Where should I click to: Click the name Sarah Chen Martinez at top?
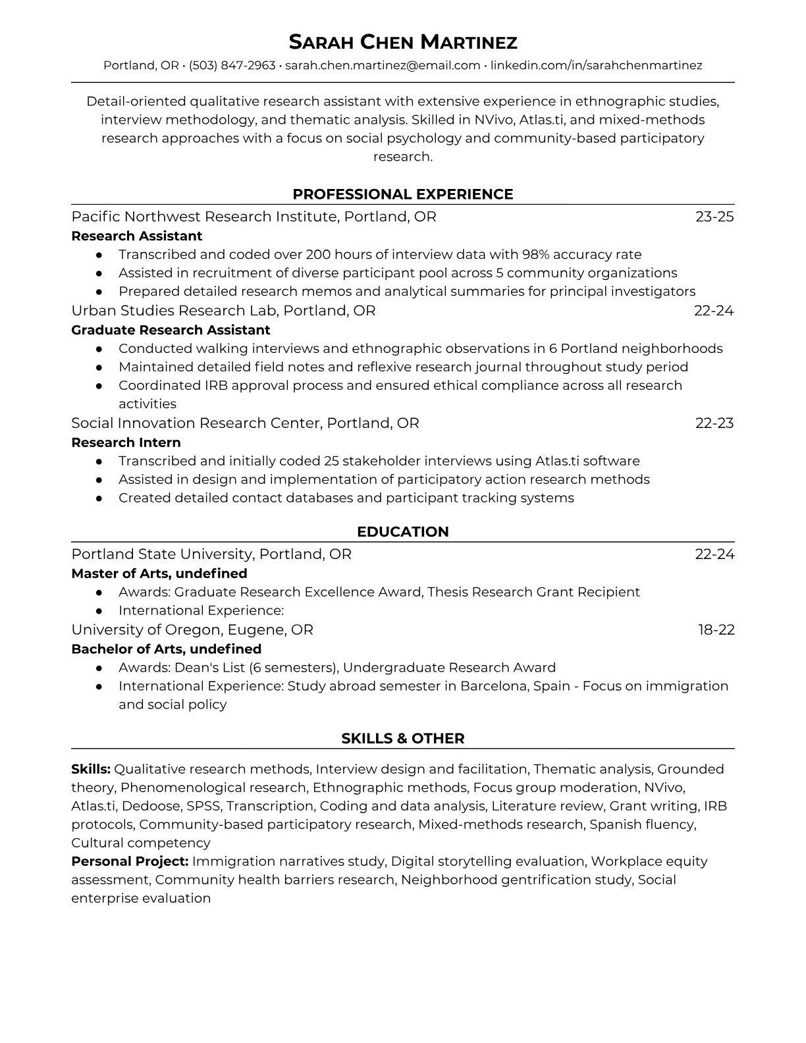click(403, 42)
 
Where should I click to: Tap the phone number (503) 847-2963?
click(232, 65)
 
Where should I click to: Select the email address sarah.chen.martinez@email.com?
click(383, 65)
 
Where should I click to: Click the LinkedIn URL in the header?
click(597, 65)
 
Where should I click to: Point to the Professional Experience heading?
click(403, 194)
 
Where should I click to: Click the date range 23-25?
click(714, 217)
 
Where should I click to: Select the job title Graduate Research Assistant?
click(171, 330)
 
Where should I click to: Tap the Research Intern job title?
click(126, 442)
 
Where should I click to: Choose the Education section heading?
click(403, 532)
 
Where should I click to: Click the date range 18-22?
click(716, 630)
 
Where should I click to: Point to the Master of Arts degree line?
click(159, 574)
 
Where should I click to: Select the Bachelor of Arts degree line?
click(166, 649)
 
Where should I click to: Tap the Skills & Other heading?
click(403, 739)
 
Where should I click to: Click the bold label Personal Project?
click(130, 861)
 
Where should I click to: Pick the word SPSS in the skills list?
click(203, 806)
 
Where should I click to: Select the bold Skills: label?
click(91, 769)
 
